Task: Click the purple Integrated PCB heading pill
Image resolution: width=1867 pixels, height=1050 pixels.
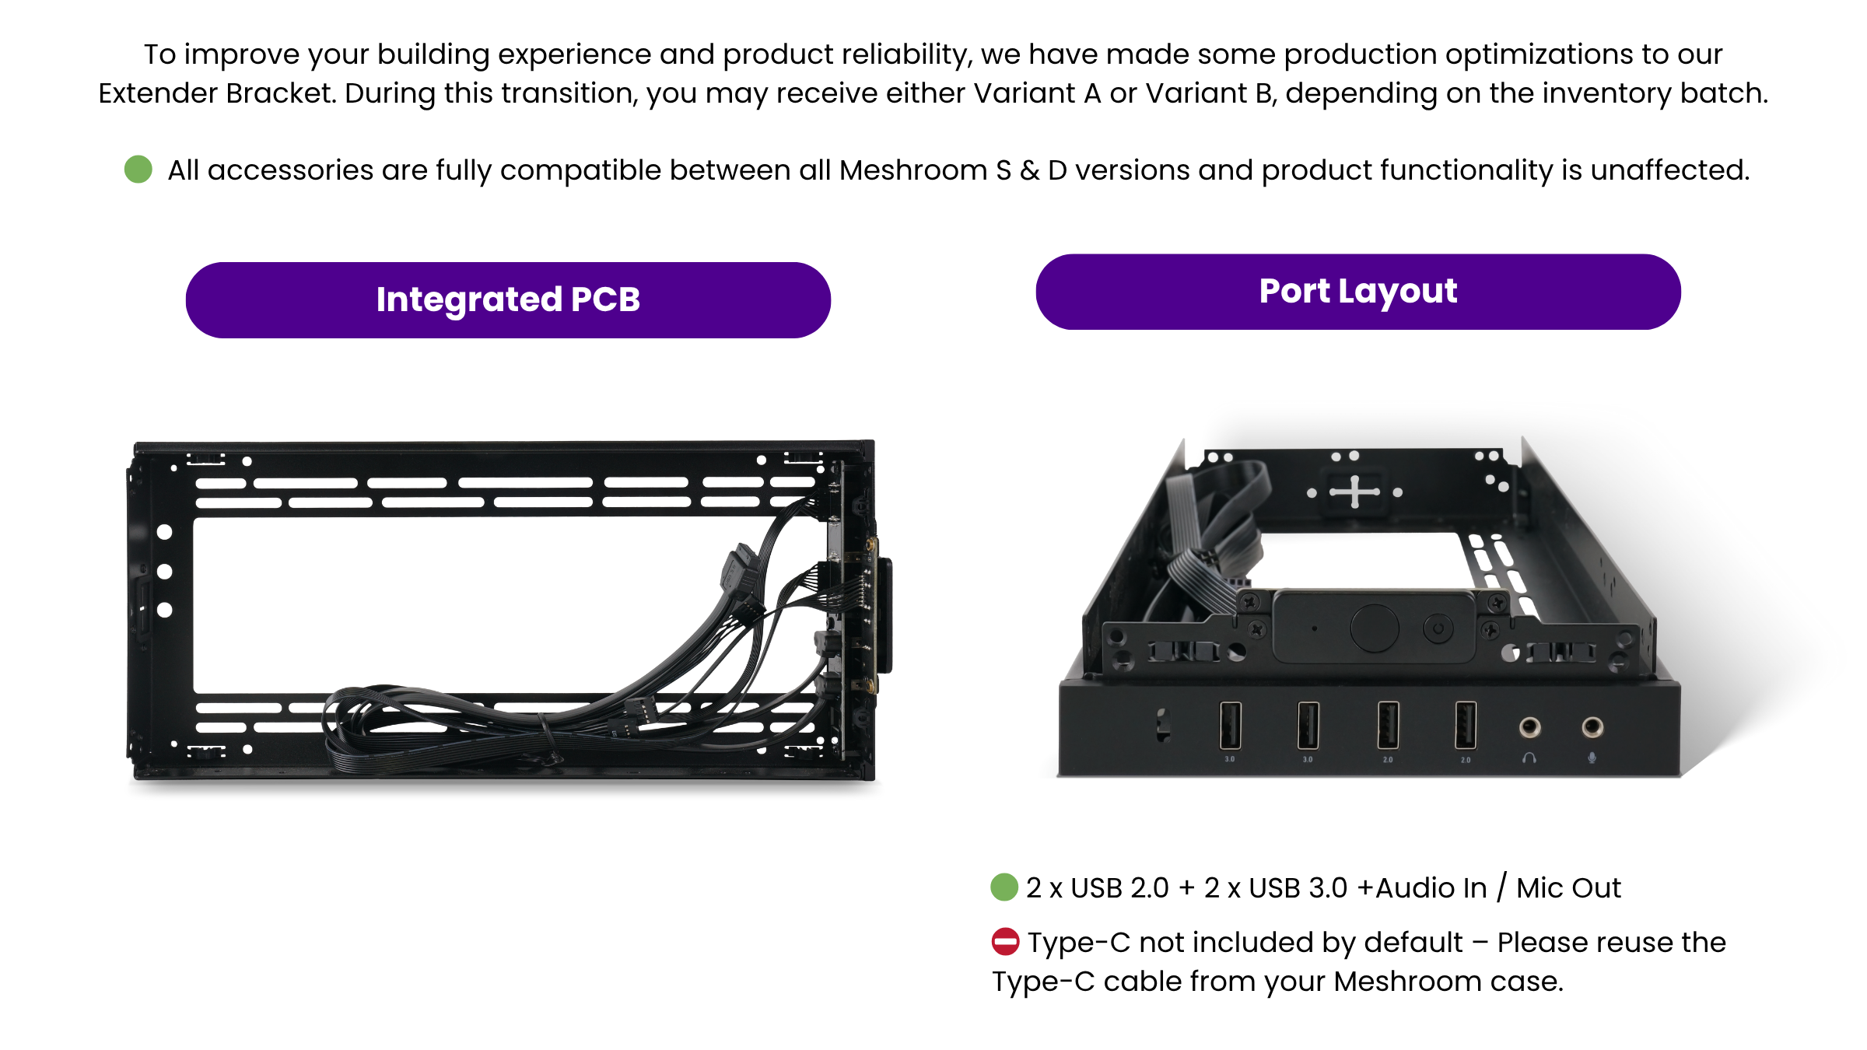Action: pyautogui.click(x=508, y=300)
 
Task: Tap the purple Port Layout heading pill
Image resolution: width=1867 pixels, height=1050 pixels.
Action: pyautogui.click(x=1358, y=292)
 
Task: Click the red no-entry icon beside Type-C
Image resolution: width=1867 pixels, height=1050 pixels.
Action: pyautogui.click(x=1005, y=942)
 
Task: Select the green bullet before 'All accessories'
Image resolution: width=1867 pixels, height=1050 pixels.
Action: pyautogui.click(x=138, y=169)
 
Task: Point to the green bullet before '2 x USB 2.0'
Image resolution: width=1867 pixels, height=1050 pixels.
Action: pyautogui.click(x=1004, y=887)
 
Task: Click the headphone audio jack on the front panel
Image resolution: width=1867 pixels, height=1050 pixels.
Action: pyautogui.click(x=1529, y=727)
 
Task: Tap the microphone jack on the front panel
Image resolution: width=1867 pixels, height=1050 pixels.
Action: pyautogui.click(x=1592, y=727)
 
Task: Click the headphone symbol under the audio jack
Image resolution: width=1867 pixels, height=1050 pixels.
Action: pyautogui.click(x=1529, y=758)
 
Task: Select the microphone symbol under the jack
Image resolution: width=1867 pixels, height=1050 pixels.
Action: pyautogui.click(x=1592, y=758)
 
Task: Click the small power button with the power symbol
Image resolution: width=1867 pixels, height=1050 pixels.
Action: pyautogui.click(x=1438, y=628)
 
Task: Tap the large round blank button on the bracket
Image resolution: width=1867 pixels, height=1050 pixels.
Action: pyautogui.click(x=1375, y=628)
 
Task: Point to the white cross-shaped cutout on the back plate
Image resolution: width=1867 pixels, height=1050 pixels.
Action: pyautogui.click(x=1354, y=492)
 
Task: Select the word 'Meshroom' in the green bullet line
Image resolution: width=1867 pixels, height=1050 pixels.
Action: pyautogui.click(x=913, y=170)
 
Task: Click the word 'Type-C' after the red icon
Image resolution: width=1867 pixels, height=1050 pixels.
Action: pyautogui.click(x=1079, y=943)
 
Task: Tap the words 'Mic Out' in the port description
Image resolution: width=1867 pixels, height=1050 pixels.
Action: pyautogui.click(x=1568, y=887)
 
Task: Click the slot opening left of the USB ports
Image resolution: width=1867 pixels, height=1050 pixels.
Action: pyautogui.click(x=1163, y=725)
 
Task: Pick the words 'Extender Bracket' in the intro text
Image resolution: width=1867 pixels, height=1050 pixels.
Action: pyautogui.click(x=217, y=93)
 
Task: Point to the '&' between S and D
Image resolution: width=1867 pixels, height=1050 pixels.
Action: pyautogui.click(x=1029, y=170)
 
